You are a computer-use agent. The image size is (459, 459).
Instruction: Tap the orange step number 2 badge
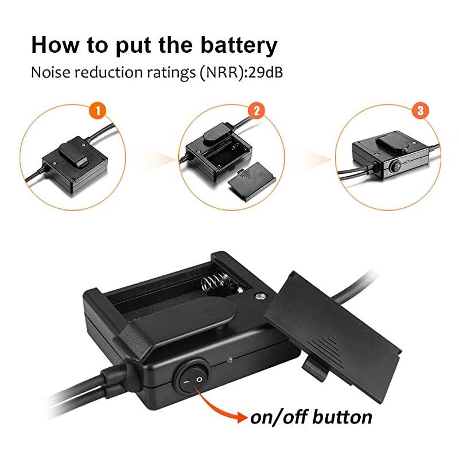coord(258,110)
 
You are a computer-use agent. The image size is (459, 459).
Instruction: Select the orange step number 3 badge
coord(420,110)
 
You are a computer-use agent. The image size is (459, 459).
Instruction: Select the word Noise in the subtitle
coord(49,72)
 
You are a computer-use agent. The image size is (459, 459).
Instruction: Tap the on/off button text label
coord(310,417)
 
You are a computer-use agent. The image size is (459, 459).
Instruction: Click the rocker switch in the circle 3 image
coord(395,166)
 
